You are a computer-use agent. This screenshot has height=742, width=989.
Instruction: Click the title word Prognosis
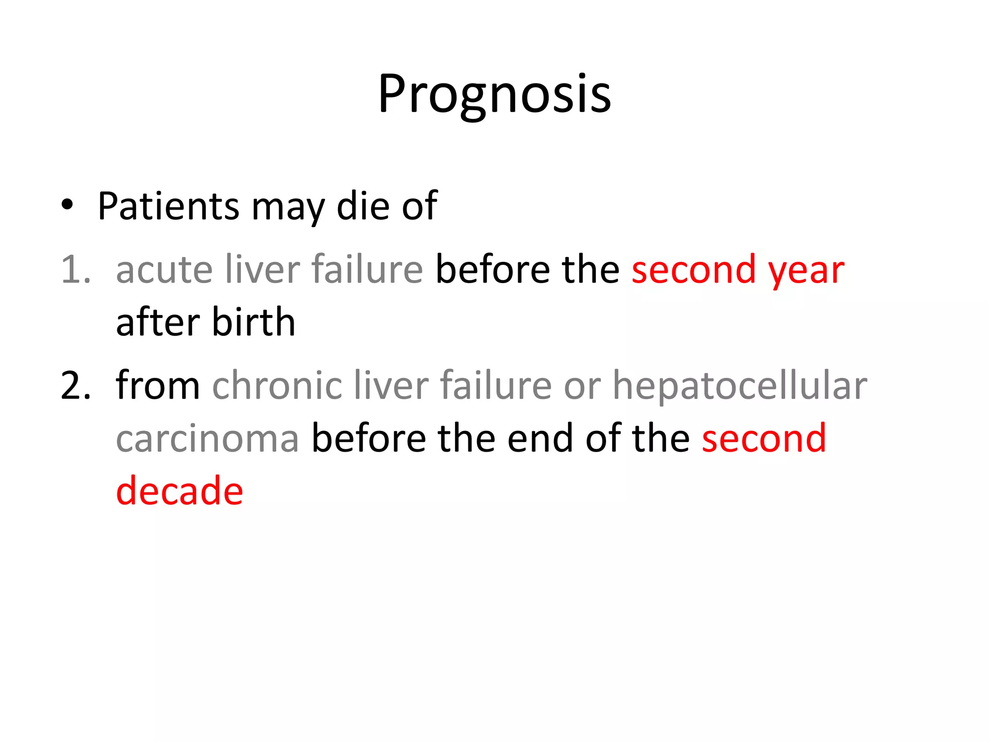pyautogui.click(x=494, y=94)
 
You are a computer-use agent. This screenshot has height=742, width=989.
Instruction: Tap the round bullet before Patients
pyautogui.click(x=67, y=205)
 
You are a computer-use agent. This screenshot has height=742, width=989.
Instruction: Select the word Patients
pyautogui.click(x=168, y=206)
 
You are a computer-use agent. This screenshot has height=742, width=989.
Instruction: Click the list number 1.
pyautogui.click(x=75, y=270)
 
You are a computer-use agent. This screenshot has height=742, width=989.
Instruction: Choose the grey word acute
pyautogui.click(x=164, y=270)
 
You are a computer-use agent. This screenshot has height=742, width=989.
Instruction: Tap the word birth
pyautogui.click(x=254, y=322)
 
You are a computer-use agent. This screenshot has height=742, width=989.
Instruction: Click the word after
pyautogui.click(x=158, y=322)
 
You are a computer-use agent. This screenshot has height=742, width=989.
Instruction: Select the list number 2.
pyautogui.click(x=75, y=385)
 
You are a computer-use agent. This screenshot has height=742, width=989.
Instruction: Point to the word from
pyautogui.click(x=158, y=385)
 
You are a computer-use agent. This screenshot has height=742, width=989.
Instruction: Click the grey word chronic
pyautogui.click(x=277, y=385)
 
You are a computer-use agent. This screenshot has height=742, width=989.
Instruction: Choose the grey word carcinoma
pyautogui.click(x=208, y=439)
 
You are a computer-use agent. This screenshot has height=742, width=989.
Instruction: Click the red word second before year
pyautogui.click(x=693, y=270)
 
